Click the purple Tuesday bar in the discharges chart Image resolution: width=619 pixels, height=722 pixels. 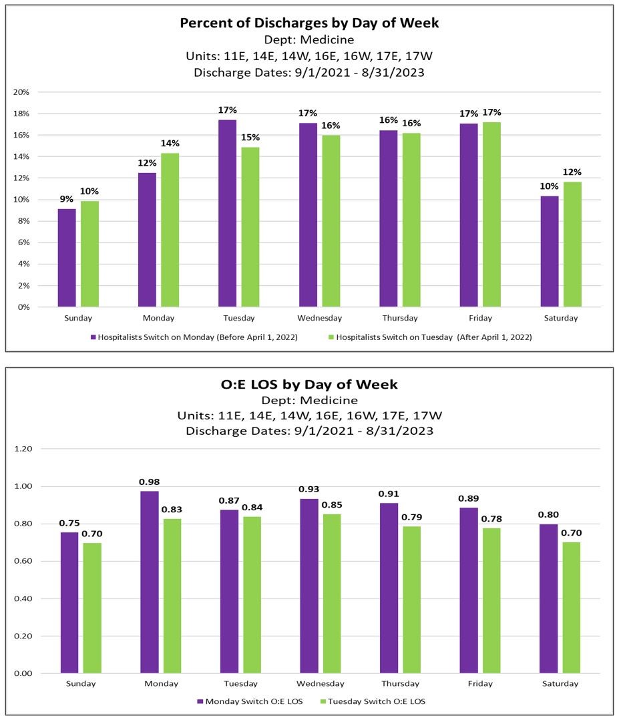click(227, 214)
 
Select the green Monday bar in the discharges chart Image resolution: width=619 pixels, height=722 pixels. click(170, 230)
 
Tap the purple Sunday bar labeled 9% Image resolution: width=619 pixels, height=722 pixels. click(67, 258)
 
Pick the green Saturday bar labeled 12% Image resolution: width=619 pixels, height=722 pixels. click(572, 244)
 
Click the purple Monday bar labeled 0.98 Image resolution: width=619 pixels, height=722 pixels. click(150, 582)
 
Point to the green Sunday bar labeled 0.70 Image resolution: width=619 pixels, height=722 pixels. click(92, 608)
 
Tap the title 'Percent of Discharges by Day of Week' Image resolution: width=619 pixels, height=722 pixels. click(309, 23)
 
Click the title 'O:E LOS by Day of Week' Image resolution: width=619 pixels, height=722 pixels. click(309, 384)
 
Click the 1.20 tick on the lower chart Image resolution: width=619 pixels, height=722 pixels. click(23, 449)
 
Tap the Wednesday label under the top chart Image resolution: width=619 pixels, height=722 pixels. click(321, 319)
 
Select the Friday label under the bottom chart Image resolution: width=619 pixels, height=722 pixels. click(480, 683)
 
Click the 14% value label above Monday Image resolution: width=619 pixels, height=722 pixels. click(170, 144)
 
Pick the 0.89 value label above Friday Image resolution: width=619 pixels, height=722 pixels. click(469, 498)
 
